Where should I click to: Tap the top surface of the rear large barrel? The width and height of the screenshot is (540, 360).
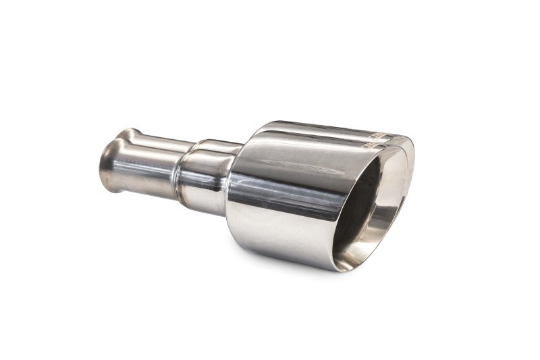click(317, 127)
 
